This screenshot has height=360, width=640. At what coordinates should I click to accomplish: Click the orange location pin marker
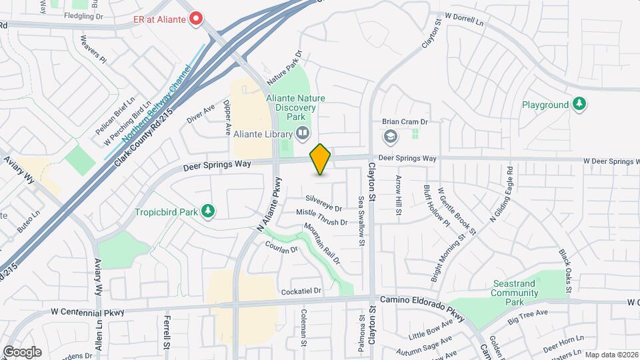pyautogui.click(x=321, y=159)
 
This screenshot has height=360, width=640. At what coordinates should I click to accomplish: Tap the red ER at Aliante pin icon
pyautogui.click(x=196, y=19)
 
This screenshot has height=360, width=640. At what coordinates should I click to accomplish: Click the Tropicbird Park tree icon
pyautogui.click(x=209, y=211)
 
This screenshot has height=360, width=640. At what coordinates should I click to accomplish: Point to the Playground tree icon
pyautogui.click(x=580, y=104)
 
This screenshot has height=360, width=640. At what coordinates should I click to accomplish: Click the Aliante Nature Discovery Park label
pyautogui.click(x=295, y=107)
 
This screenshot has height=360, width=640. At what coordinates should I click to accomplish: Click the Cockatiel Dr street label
pyautogui.click(x=301, y=291)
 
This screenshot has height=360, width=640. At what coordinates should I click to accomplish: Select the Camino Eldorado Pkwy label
pyautogui.click(x=421, y=301)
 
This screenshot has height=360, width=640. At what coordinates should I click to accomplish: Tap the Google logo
pyautogui.click(x=22, y=351)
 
